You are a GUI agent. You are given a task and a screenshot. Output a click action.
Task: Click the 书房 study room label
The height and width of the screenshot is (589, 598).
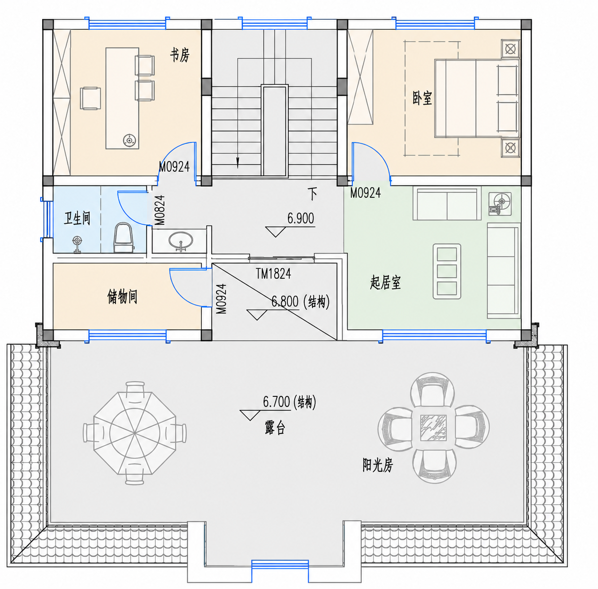click(179, 55)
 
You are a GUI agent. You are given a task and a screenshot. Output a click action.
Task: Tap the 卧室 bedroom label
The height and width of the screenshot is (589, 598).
click(422, 98)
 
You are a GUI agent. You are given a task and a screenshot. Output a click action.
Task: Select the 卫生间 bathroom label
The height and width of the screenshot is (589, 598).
click(77, 218)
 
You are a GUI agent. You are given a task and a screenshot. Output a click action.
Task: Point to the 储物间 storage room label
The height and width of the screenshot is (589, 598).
click(122, 297)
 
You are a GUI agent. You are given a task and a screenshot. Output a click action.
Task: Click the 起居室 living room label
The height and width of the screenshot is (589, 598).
click(385, 282)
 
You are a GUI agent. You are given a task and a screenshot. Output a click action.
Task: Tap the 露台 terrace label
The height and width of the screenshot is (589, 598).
click(275, 428)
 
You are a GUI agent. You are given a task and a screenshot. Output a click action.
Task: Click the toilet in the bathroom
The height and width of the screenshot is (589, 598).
click(124, 237)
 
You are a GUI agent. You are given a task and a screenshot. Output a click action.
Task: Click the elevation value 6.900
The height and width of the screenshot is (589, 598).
click(300, 219)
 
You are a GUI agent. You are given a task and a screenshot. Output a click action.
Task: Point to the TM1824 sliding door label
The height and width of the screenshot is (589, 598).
click(273, 273)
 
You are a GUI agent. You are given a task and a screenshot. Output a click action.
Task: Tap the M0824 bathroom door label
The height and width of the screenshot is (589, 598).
click(160, 210)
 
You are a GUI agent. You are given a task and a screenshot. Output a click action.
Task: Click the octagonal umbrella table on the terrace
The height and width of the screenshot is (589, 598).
click(135, 433)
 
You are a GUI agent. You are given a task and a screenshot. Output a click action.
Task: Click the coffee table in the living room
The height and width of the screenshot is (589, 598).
click(446, 272)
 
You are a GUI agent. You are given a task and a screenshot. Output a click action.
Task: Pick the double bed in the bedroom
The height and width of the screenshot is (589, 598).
click(477, 98)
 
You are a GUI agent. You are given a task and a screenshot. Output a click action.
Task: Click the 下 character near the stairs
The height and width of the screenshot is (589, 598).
click(312, 194)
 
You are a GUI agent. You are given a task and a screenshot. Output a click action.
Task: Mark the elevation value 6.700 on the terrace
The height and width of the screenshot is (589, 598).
click(276, 401)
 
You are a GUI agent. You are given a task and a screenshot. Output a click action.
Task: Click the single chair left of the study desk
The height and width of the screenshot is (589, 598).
click(90, 98)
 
